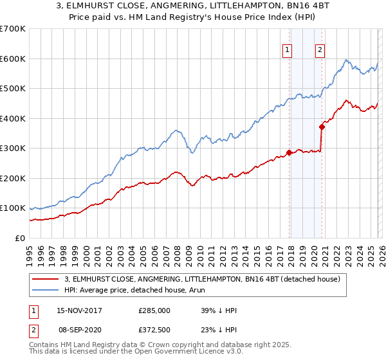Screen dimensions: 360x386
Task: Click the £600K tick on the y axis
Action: pos(13,59)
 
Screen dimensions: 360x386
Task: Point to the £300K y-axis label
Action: pos(13,148)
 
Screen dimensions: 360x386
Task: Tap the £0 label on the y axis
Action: pos(19,239)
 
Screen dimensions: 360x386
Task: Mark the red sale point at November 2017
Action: pos(289,152)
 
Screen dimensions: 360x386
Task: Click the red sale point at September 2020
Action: pos(321,127)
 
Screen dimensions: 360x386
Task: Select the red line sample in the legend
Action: pos(46,279)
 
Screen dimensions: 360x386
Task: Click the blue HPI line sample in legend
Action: pos(46,290)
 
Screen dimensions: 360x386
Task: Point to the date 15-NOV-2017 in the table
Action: pos(79,310)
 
